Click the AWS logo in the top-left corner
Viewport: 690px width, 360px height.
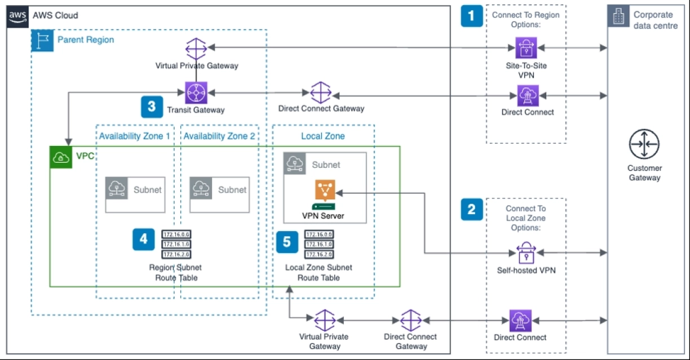[x=17, y=15]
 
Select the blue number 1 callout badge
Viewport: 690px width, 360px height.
[x=472, y=16]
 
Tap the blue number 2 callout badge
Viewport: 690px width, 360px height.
[x=472, y=210]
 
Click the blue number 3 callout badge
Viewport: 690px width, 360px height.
[x=152, y=106]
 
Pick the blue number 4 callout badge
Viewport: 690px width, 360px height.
[x=144, y=239]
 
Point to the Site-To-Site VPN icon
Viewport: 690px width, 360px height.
[x=526, y=48]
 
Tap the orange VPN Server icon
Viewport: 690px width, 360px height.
[x=325, y=192]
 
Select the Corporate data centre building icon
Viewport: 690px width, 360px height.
[x=618, y=17]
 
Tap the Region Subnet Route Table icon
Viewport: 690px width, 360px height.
[x=176, y=244]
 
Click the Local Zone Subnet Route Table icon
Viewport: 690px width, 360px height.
[x=319, y=244]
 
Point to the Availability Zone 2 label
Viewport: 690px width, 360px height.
[x=219, y=136]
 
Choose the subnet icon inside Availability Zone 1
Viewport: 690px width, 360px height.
[x=117, y=189]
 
